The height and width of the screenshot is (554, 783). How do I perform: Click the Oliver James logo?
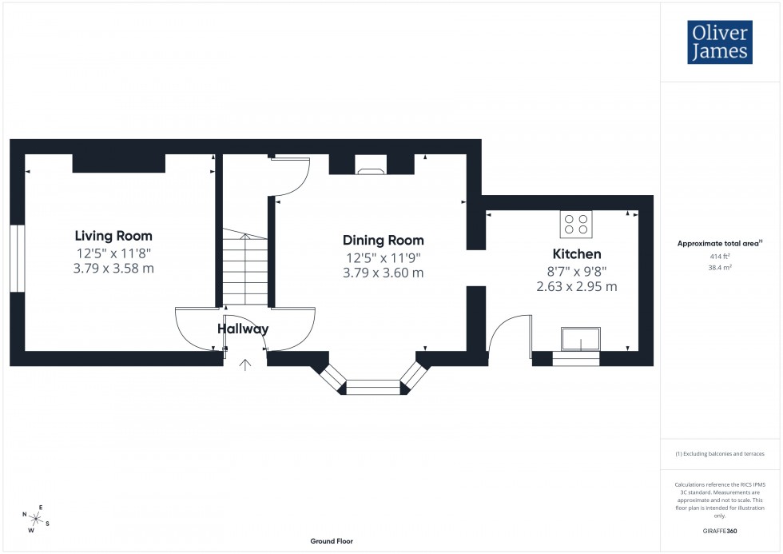pos(719,42)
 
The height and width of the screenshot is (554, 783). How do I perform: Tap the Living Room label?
pos(113,236)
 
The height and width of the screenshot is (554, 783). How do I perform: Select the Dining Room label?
pos(383,240)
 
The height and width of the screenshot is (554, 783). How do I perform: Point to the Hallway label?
pos(243,329)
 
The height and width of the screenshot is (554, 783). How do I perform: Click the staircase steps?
pos(244,268)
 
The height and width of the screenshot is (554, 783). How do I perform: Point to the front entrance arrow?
pos(245,365)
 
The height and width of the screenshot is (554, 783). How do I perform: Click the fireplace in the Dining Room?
pos(370,169)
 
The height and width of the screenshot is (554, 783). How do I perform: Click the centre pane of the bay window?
pos(372,389)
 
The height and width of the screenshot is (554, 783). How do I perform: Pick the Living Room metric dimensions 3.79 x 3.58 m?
pos(113,269)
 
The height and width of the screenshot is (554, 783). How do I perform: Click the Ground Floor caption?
pos(332,541)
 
